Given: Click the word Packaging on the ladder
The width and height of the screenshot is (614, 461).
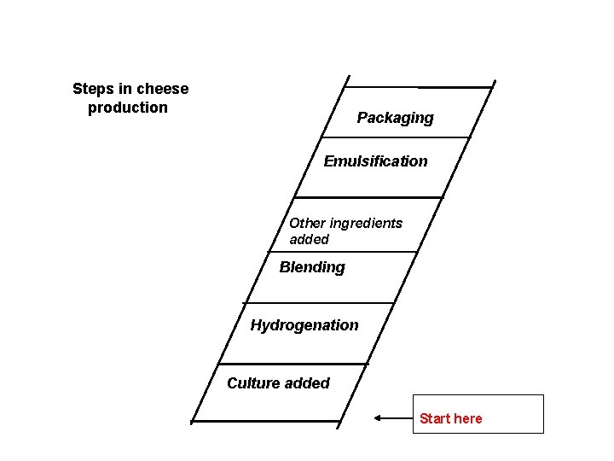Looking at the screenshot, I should [x=395, y=118].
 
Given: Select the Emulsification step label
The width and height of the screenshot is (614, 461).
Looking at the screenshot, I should [x=375, y=161].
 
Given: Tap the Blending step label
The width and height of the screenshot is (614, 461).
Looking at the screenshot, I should [x=312, y=267].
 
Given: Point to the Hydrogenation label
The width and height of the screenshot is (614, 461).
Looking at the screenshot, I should [x=304, y=325].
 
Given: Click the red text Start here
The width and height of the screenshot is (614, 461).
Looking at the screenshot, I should [x=450, y=418].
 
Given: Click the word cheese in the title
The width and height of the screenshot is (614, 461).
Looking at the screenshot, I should [x=162, y=89].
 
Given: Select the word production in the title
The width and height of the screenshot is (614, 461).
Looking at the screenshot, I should [x=128, y=108].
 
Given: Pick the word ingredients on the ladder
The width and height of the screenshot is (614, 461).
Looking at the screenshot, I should [x=366, y=223].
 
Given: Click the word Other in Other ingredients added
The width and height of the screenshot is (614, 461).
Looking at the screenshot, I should [x=307, y=223].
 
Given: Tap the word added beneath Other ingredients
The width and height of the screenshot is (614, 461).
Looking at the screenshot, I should [x=309, y=240].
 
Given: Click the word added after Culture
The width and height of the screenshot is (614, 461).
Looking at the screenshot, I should [x=307, y=383].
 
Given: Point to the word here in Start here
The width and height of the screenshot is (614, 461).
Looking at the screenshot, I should [x=467, y=418].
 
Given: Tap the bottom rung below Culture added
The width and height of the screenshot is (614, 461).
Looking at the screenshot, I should [x=265, y=422].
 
